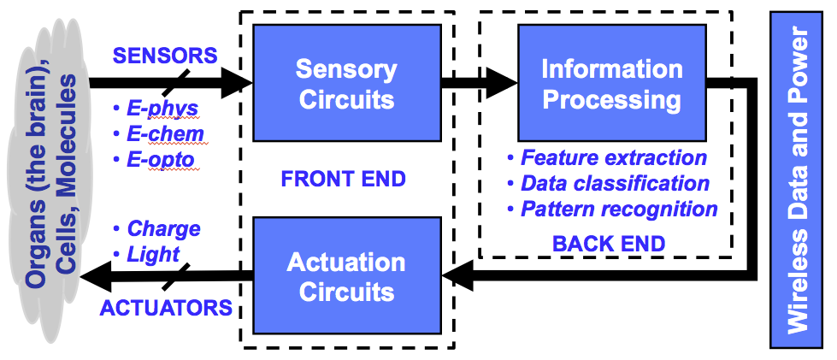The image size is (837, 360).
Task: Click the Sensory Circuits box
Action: click(x=347, y=83)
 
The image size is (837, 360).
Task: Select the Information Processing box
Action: click(x=612, y=83)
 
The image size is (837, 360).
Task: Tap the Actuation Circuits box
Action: click(x=347, y=275)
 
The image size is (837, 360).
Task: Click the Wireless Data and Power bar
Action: click(x=796, y=180)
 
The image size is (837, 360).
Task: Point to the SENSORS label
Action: click(x=166, y=56)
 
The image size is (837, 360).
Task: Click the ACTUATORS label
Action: click(x=166, y=308)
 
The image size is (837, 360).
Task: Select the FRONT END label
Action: click(x=343, y=180)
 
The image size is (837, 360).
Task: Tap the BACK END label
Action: click(x=609, y=244)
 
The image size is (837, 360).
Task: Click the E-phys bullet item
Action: click(x=156, y=109)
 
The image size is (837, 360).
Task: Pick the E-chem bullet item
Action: click(x=158, y=134)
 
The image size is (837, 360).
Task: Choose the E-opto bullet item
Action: click(x=154, y=160)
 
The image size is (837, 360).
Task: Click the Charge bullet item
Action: click(x=157, y=228)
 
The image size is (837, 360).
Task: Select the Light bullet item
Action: click(x=146, y=255)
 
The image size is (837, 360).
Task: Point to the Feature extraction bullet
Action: click(x=607, y=157)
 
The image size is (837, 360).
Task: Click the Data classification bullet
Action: click(x=609, y=183)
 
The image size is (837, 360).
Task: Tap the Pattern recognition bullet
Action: click(x=612, y=210)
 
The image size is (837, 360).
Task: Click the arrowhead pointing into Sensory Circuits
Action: click(x=237, y=83)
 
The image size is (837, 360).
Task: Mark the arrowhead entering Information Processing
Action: click(x=502, y=83)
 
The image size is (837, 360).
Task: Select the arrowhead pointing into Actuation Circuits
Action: click(x=457, y=275)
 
